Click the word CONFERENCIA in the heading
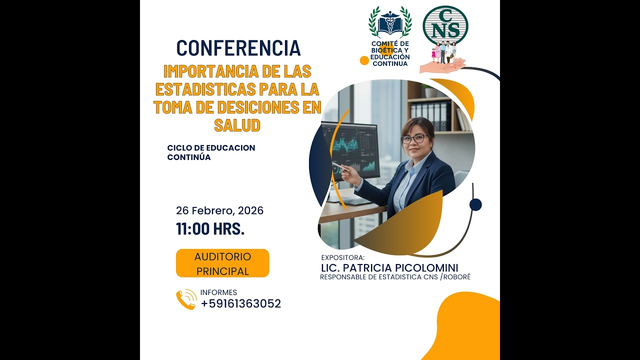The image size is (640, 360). (238, 48)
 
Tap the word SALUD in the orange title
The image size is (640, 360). (237, 124)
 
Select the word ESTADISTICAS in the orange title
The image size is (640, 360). (205, 89)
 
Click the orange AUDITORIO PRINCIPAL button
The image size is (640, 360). (222, 263)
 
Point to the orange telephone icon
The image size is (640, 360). (186, 299)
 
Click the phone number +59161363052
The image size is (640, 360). (241, 303)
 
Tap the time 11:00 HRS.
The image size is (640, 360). (210, 229)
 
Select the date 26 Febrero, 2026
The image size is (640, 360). (219, 210)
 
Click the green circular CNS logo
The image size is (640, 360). (445, 25)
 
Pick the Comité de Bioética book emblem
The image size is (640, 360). (390, 22)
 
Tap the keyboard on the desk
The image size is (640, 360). (356, 201)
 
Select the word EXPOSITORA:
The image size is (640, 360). (343, 257)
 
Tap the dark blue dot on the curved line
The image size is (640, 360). (475, 204)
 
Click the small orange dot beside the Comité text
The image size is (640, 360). (364, 60)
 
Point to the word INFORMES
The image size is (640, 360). (218, 292)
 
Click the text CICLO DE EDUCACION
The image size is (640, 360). (211, 148)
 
